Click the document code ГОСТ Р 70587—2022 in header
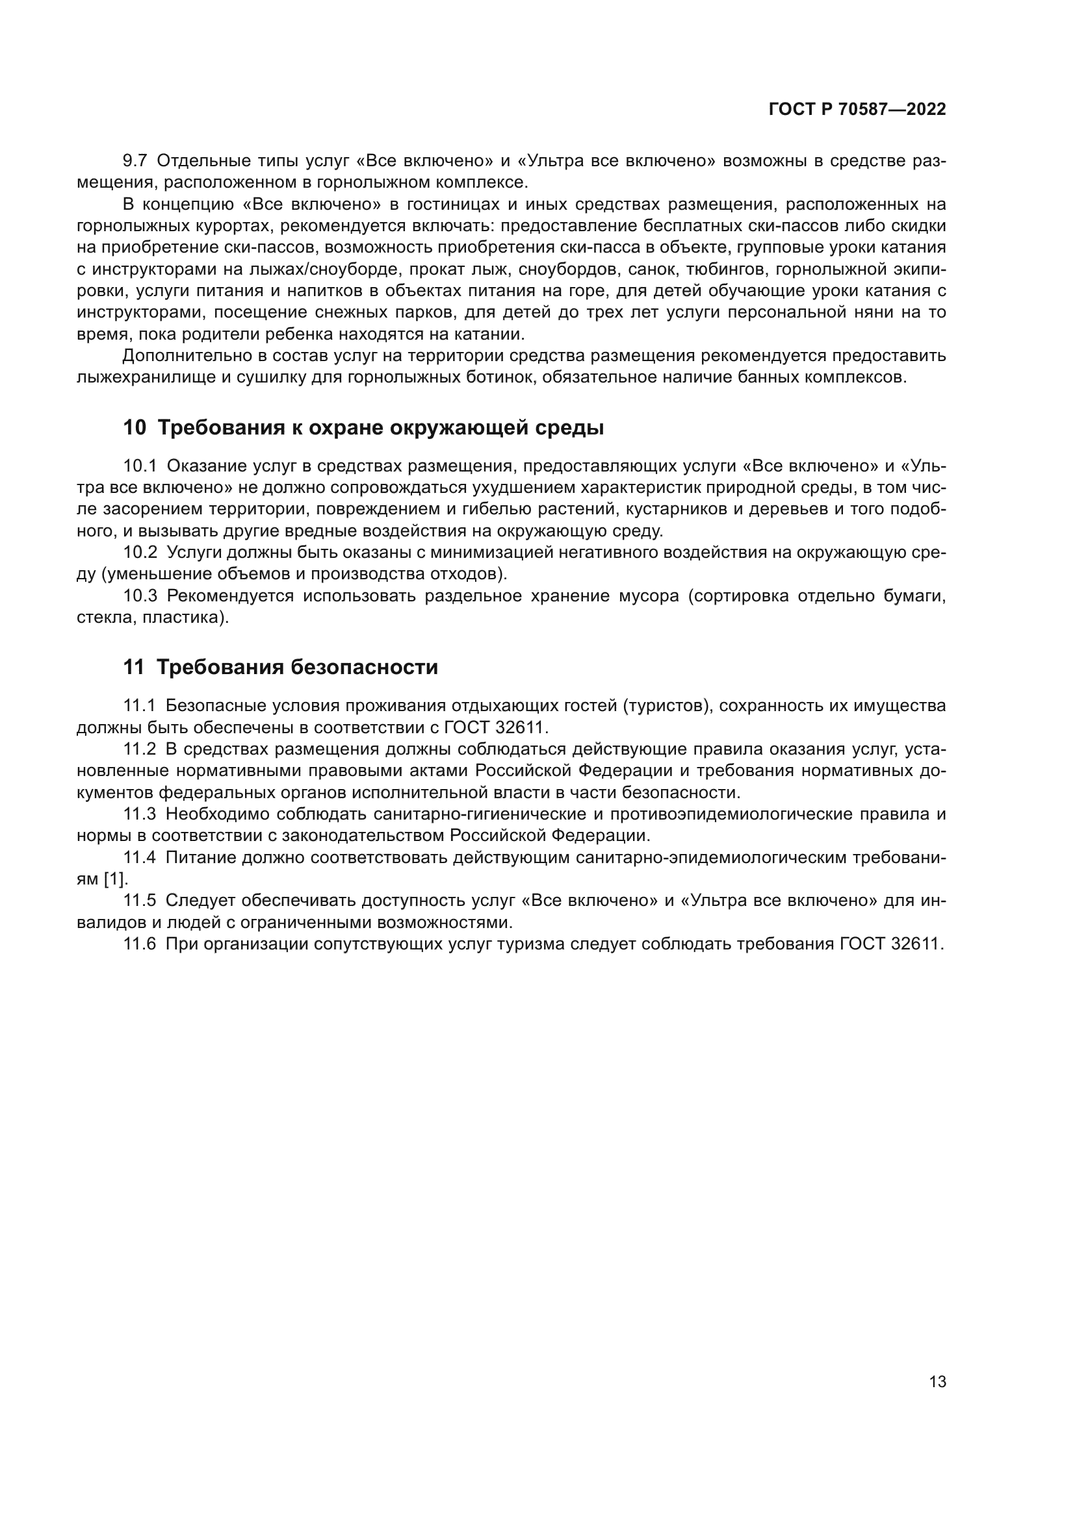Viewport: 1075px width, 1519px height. pyautogui.click(x=857, y=110)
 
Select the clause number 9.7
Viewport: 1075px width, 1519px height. pyautogui.click(x=136, y=161)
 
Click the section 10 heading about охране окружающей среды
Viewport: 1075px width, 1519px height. pyautogui.click(x=363, y=428)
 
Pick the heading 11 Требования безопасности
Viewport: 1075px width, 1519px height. pyautogui.click(x=281, y=668)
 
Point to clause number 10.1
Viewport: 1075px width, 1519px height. pyautogui.click(x=140, y=466)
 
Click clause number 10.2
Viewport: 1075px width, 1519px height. pyautogui.click(x=140, y=553)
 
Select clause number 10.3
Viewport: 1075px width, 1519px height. pyautogui.click(x=140, y=596)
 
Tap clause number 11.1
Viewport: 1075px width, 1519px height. pyautogui.click(x=139, y=706)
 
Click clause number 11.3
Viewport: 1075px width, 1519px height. pyautogui.click(x=139, y=814)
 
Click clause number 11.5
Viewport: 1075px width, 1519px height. pyautogui.click(x=139, y=900)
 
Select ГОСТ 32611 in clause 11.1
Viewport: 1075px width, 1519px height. pyautogui.click(x=496, y=728)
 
